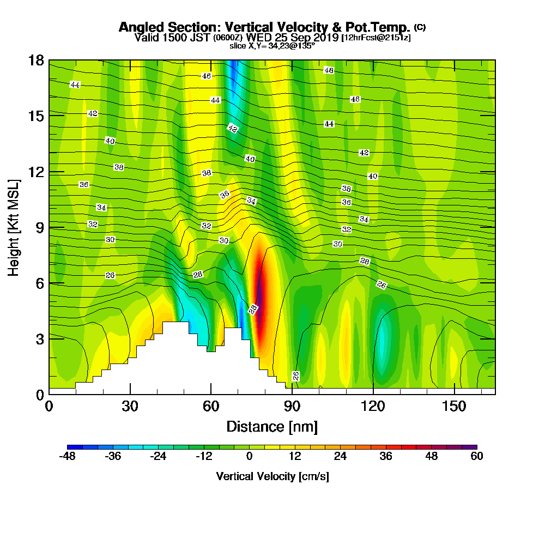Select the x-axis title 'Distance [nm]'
272,426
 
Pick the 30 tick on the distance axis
130,407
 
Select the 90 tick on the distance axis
292,407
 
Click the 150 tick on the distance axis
454,407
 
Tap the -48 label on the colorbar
67,457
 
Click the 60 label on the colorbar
477,457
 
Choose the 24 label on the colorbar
340,457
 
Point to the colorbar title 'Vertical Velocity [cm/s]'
272,476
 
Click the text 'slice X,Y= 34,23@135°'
272,46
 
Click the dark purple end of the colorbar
471,447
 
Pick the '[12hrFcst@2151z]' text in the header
376,38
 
